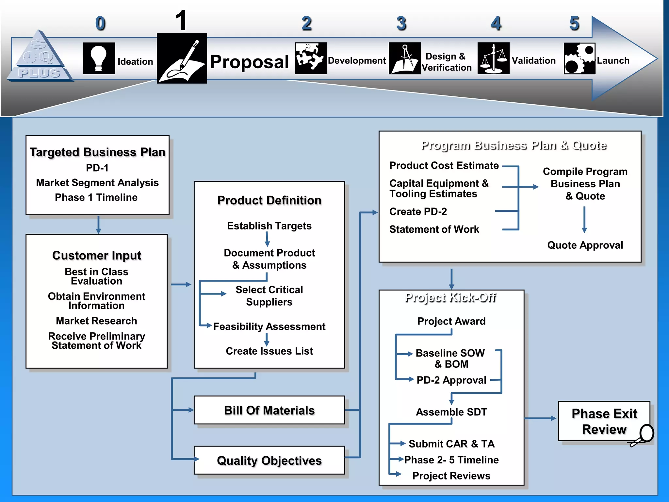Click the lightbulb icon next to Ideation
tap(99, 58)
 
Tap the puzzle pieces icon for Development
tap(311, 58)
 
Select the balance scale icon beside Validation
tap(493, 58)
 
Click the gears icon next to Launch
tap(579, 59)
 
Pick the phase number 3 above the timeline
tap(401, 24)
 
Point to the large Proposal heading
tap(249, 62)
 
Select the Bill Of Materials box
tap(269, 410)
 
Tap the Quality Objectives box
tap(269, 460)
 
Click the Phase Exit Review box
tap(604, 421)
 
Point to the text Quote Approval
tap(585, 245)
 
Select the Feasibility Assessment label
tap(269, 326)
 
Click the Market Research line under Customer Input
tap(96, 321)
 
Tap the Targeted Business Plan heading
tap(97, 152)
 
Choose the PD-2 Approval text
tap(451, 380)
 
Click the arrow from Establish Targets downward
tap(267, 239)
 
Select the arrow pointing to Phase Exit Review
tap(540, 418)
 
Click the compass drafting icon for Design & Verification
tap(404, 58)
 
